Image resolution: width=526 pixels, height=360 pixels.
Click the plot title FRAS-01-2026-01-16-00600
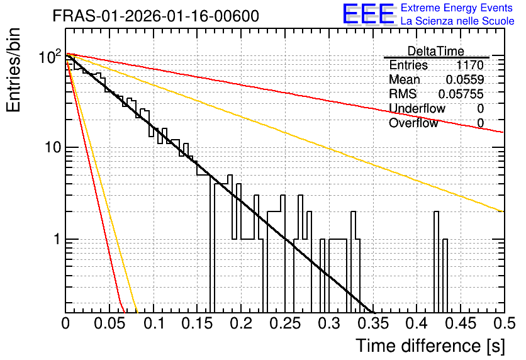tap(156, 16)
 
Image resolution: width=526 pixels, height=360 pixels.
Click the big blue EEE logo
tap(368, 14)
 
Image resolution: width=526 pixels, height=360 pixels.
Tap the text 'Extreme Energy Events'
tap(457, 8)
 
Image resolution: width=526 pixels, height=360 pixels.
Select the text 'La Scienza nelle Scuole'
tap(457, 21)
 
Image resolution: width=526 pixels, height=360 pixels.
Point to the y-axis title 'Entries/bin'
tap(13, 70)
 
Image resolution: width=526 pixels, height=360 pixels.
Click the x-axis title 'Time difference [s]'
tap(430, 346)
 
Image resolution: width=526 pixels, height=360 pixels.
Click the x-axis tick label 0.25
tap(286, 323)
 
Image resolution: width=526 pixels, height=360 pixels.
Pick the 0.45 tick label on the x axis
tap(461, 323)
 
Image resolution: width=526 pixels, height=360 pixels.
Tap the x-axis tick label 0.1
tap(154, 323)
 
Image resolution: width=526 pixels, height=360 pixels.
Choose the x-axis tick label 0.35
tap(373, 323)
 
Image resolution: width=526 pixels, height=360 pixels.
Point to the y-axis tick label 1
tap(57, 239)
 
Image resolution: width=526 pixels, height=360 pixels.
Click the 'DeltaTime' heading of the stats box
tap(436, 51)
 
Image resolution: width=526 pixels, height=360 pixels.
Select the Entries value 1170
tap(469, 65)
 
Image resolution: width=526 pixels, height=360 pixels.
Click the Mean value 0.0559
tap(465, 79)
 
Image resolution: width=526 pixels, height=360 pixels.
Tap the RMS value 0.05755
tap(461, 94)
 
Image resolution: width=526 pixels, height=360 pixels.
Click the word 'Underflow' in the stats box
tap(417, 108)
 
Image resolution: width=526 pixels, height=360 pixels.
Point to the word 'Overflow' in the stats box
tap(413, 123)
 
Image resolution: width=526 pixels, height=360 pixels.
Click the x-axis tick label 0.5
tap(505, 323)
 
